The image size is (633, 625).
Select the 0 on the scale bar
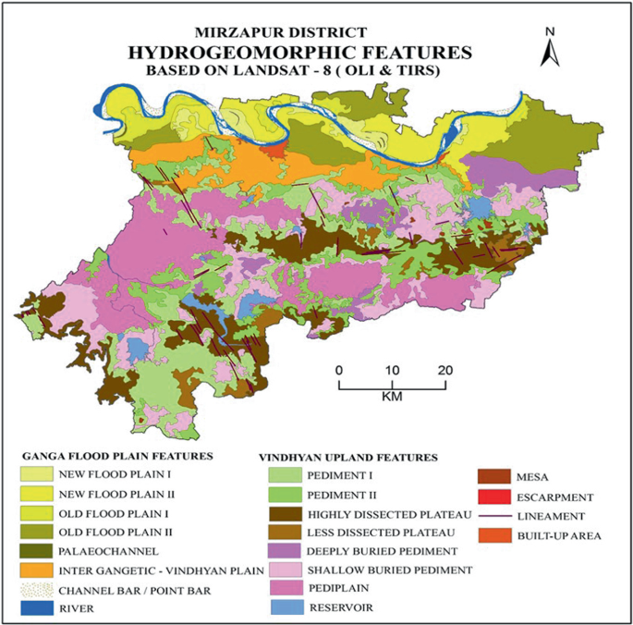339,370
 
